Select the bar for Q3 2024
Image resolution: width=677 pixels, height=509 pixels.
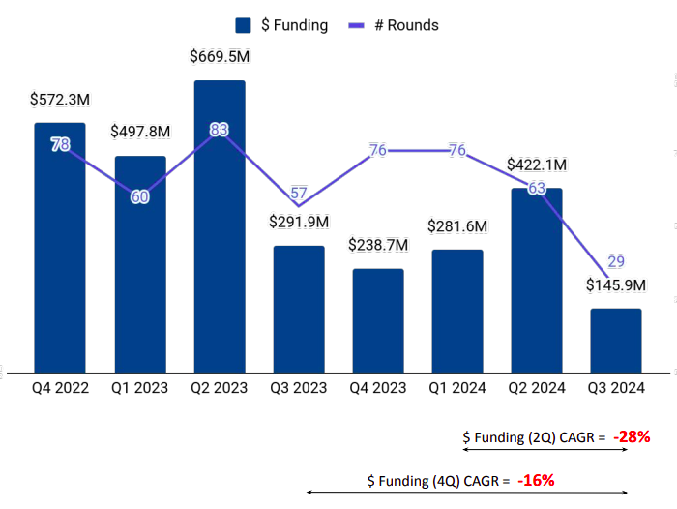(x=616, y=341)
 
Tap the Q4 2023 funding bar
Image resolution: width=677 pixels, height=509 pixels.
(x=378, y=320)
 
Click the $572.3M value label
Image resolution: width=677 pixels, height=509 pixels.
(x=61, y=100)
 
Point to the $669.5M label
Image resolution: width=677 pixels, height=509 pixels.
(x=220, y=57)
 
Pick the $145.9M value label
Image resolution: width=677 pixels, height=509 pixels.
(x=617, y=286)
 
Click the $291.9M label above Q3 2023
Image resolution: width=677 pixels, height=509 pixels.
(x=299, y=222)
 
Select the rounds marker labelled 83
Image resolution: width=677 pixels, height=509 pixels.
(x=220, y=130)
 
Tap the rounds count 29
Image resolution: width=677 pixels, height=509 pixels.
(x=616, y=261)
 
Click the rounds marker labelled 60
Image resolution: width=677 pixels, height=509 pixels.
(x=140, y=196)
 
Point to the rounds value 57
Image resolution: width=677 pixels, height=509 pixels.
(x=299, y=192)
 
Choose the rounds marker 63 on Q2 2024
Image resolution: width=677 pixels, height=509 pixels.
(x=537, y=188)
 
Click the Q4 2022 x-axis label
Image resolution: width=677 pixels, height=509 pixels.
(x=60, y=388)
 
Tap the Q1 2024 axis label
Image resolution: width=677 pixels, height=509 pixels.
(x=457, y=388)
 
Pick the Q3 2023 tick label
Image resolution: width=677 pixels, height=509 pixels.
(x=299, y=388)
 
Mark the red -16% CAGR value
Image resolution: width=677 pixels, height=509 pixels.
(x=536, y=480)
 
